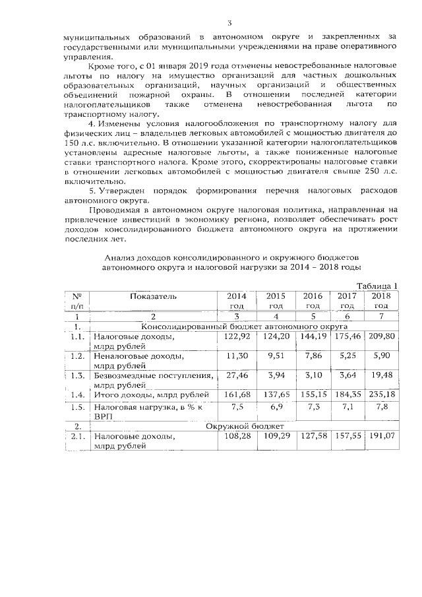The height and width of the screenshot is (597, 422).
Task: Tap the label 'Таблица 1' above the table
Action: (377, 286)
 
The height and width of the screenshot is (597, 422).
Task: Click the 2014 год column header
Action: (236, 301)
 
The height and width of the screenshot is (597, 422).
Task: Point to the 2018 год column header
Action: (380, 301)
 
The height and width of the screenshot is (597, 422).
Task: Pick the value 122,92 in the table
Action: (235, 336)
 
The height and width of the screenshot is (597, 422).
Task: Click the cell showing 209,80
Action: (380, 336)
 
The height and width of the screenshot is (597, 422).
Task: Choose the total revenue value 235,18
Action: (380, 394)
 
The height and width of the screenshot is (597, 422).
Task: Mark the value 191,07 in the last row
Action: (380, 436)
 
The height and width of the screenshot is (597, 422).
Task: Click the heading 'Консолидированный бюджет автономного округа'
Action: (244, 326)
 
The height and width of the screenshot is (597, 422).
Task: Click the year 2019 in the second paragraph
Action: (189, 67)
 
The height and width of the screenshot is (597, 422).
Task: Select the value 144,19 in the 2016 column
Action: (313, 336)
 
